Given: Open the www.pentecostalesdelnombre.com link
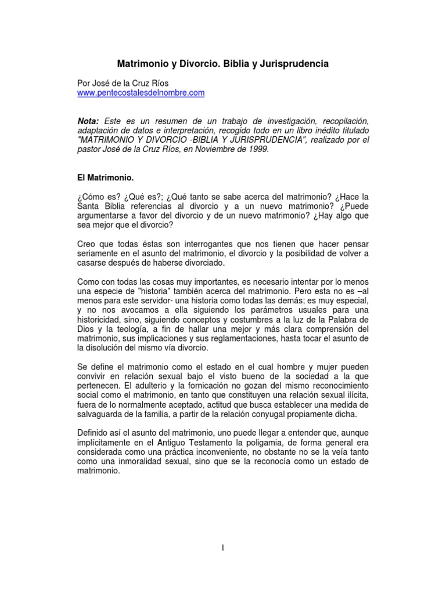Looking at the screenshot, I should pos(141,92).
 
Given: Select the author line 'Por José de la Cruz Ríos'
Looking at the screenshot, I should pos(123,83).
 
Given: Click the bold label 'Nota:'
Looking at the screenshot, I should pos(89,121).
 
